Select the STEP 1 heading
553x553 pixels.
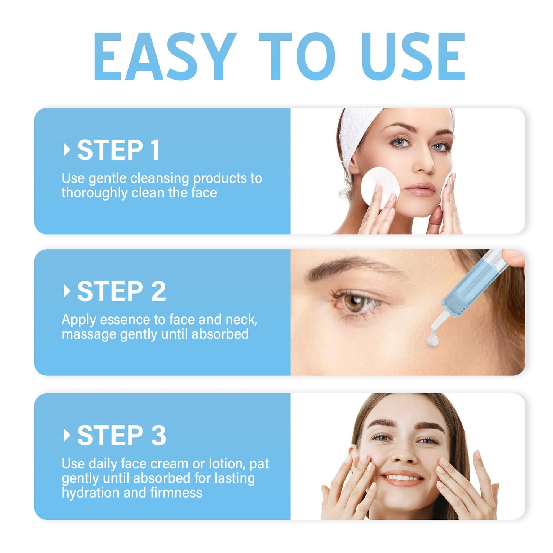pyautogui.click(x=118, y=150)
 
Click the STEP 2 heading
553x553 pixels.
pyautogui.click(x=121, y=292)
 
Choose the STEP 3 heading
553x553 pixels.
pyautogui.click(x=121, y=436)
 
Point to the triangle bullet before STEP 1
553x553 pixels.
pyautogui.click(x=67, y=150)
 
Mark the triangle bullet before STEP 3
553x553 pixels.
pyautogui.click(x=67, y=435)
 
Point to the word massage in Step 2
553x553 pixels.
pyautogui.click(x=89, y=334)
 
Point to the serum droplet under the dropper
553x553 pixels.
pyautogui.click(x=433, y=339)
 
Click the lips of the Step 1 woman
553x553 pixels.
pyautogui.click(x=420, y=189)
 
